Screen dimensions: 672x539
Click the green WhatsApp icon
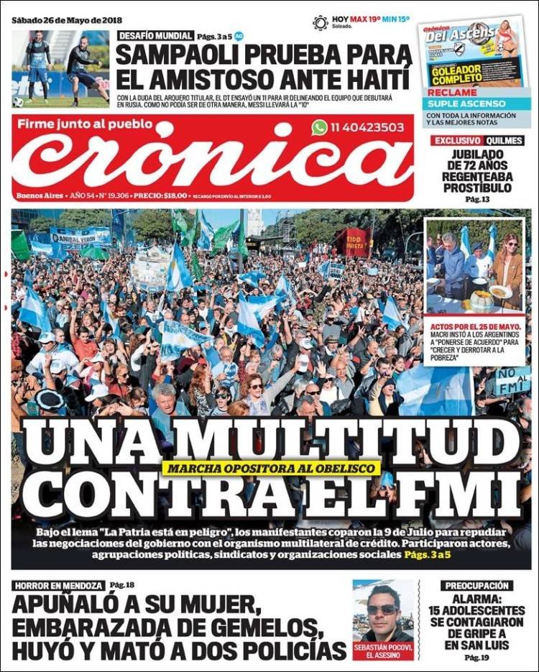click(x=320, y=127)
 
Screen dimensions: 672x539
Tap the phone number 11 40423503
click(x=367, y=127)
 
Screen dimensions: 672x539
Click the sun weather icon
click(x=321, y=22)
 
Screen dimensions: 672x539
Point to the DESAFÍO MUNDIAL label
click(x=155, y=35)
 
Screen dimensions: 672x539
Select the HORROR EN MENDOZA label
click(x=58, y=586)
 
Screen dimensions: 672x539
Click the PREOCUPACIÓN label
click(x=477, y=586)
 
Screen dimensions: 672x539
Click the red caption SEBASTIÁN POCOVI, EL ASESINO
click(x=384, y=650)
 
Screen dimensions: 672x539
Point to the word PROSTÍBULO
click(x=477, y=187)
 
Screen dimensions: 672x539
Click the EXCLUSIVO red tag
click(x=456, y=141)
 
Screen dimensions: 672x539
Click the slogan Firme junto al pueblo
click(x=85, y=124)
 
